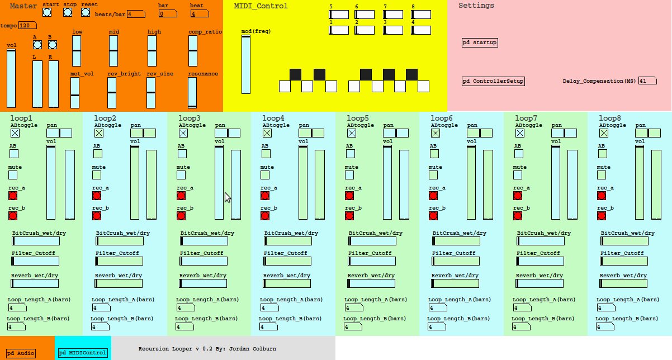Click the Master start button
(47, 12)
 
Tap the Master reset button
(86, 12)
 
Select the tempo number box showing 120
(27, 26)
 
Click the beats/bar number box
(136, 14)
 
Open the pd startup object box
(480, 42)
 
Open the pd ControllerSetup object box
(493, 81)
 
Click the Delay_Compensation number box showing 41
(647, 81)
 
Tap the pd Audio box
(21, 353)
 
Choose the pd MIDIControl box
(83, 353)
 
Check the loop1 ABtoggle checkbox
(15, 133)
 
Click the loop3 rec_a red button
(181, 196)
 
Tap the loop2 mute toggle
(97, 175)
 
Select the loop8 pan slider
(648, 133)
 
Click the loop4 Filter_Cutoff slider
(288, 261)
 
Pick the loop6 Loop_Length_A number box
(438, 308)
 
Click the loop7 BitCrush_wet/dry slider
(541, 241)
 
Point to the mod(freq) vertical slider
(246, 64)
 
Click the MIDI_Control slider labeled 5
(339, 15)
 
